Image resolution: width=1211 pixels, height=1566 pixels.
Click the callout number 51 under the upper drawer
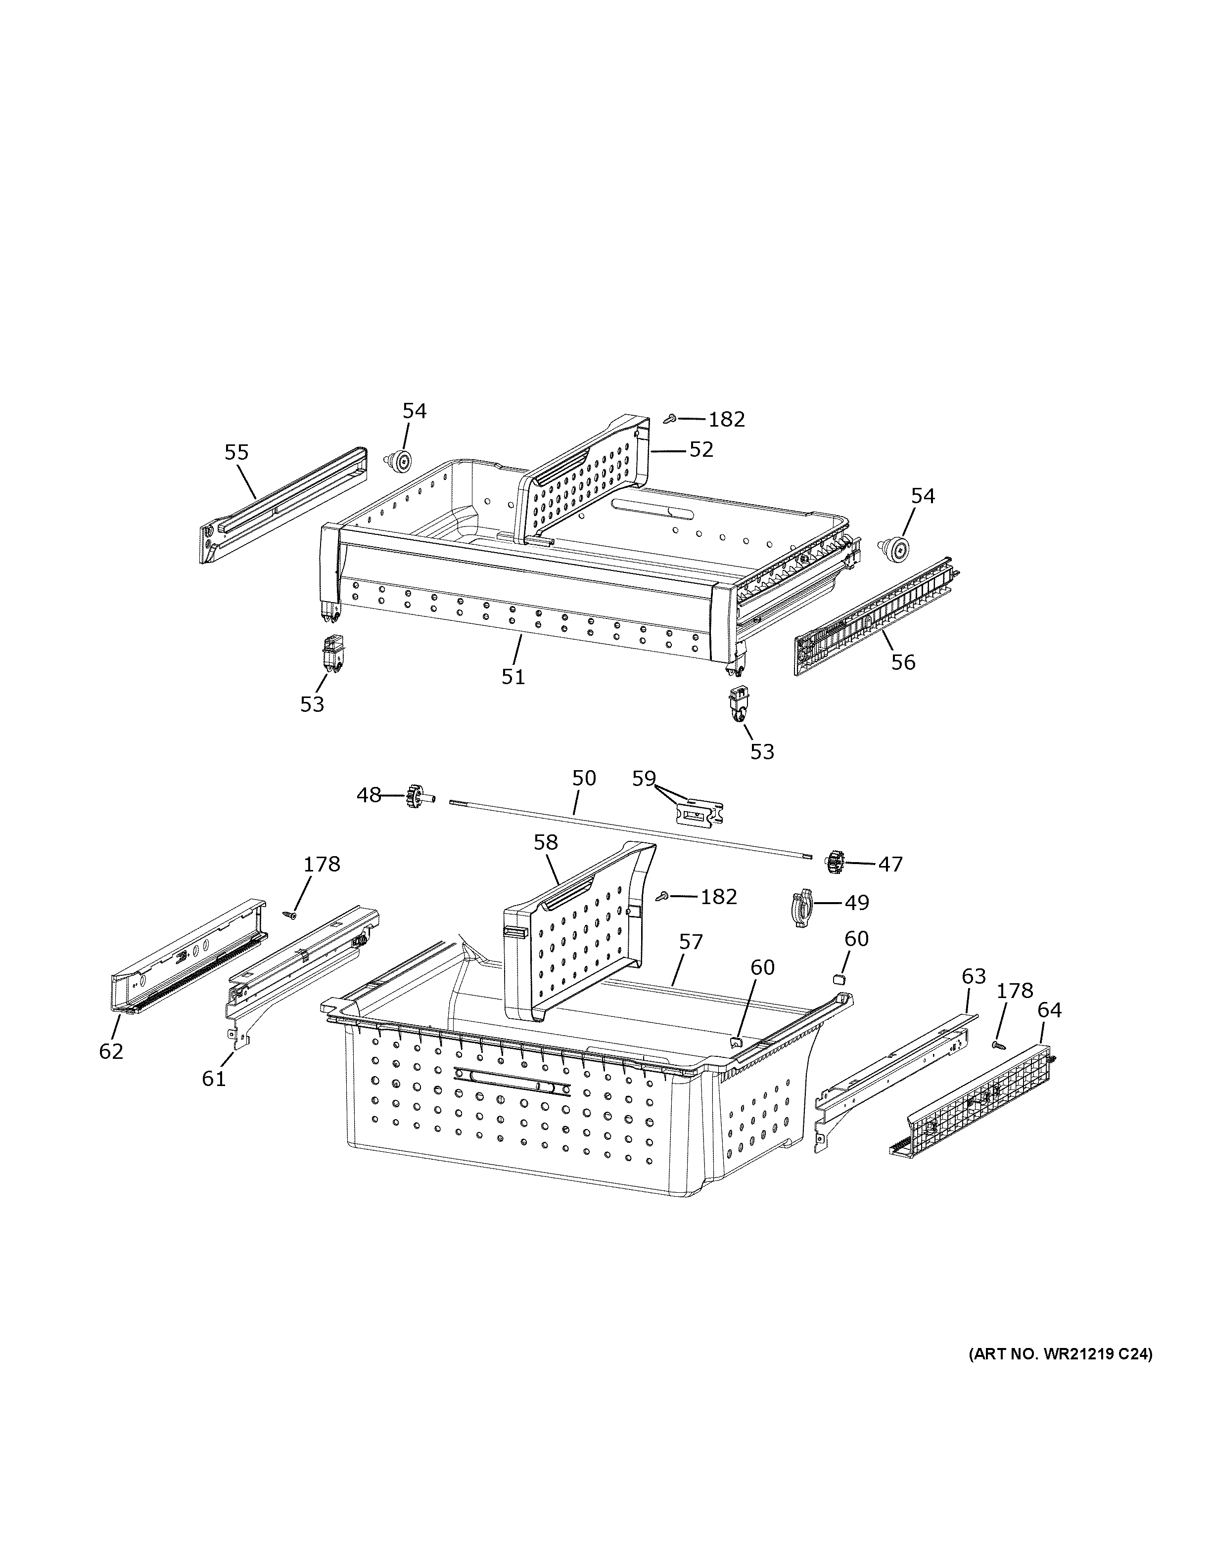[513, 676]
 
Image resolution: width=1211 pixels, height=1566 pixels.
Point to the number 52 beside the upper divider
[701, 449]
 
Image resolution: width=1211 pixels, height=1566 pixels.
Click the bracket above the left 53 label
[331, 653]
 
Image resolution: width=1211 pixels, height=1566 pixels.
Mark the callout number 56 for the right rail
[903, 662]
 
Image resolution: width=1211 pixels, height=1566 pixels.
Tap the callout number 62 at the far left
[111, 1051]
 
